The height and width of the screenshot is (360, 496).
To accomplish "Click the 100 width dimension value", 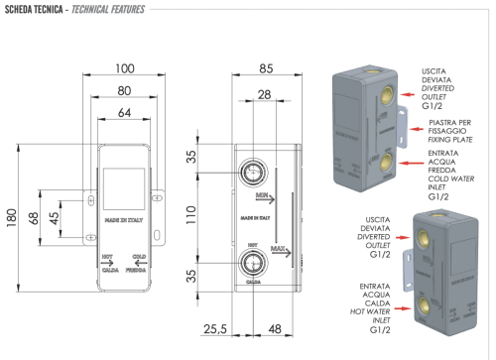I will [x=123, y=68].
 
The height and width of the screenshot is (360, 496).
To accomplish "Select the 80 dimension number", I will [x=123, y=91].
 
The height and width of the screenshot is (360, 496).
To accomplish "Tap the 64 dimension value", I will [x=123, y=114].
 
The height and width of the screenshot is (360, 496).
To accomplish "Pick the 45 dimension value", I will [x=57, y=216].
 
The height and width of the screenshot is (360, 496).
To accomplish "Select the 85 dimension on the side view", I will [x=267, y=68].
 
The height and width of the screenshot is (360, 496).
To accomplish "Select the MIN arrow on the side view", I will [x=266, y=198].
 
